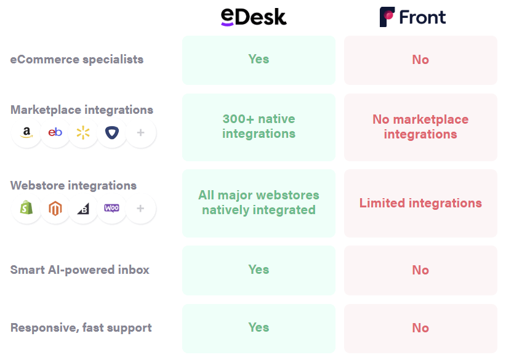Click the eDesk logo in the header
point(254,17)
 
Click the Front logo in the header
point(412,17)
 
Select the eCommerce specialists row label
point(77,60)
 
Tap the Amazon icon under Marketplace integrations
point(26,132)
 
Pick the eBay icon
point(55,132)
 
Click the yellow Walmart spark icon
point(83,132)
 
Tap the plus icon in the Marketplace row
point(140,132)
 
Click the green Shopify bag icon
point(26,208)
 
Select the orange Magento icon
point(55,208)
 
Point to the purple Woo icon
point(111,208)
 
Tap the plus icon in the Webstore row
point(140,208)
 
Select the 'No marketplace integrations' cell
point(420,127)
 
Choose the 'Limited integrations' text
point(420,203)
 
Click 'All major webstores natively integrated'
point(259,202)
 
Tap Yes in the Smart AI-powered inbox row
point(259,270)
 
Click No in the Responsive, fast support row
point(420,328)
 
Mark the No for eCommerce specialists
point(420,60)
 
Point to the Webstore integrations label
point(74,186)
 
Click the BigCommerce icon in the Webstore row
point(83,208)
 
